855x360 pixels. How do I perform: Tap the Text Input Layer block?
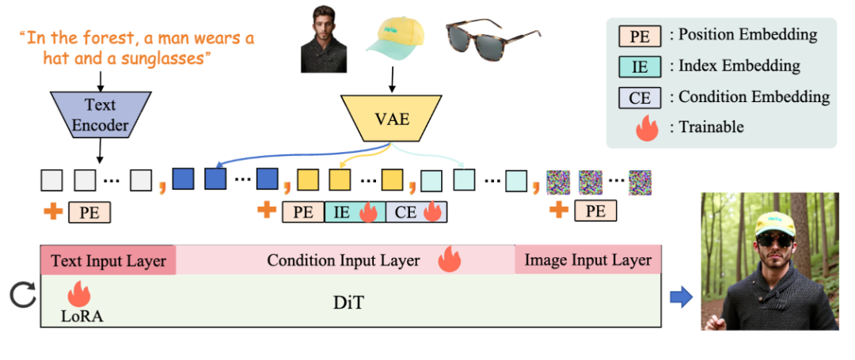(x=108, y=260)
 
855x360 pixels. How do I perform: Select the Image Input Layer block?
(x=588, y=260)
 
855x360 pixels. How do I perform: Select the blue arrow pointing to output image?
(x=681, y=297)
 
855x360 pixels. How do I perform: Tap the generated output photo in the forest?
(x=769, y=261)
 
